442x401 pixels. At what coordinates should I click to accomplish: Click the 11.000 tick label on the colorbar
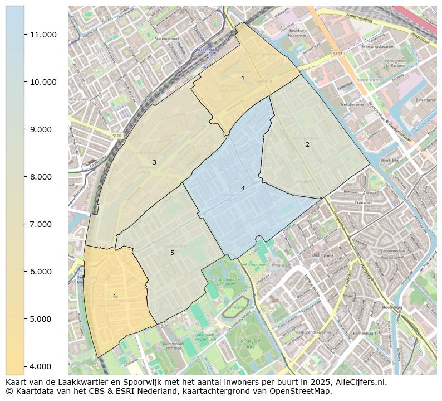(43, 35)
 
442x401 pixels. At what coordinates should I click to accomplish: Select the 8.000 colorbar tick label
(43, 177)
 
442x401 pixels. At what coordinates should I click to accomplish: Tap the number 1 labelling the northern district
(243, 78)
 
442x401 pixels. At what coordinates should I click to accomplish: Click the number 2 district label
(307, 144)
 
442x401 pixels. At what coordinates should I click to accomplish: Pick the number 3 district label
(154, 162)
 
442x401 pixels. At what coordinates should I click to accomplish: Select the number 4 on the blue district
(243, 188)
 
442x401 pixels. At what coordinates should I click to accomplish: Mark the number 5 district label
(172, 253)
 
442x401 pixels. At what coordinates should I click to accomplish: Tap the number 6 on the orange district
(115, 296)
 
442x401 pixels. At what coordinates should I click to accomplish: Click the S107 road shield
(337, 54)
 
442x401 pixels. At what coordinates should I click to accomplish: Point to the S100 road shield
(116, 136)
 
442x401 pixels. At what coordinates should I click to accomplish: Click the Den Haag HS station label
(207, 53)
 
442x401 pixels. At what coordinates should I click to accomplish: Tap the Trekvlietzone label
(352, 104)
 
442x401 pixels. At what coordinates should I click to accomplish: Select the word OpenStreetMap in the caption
(306, 391)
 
